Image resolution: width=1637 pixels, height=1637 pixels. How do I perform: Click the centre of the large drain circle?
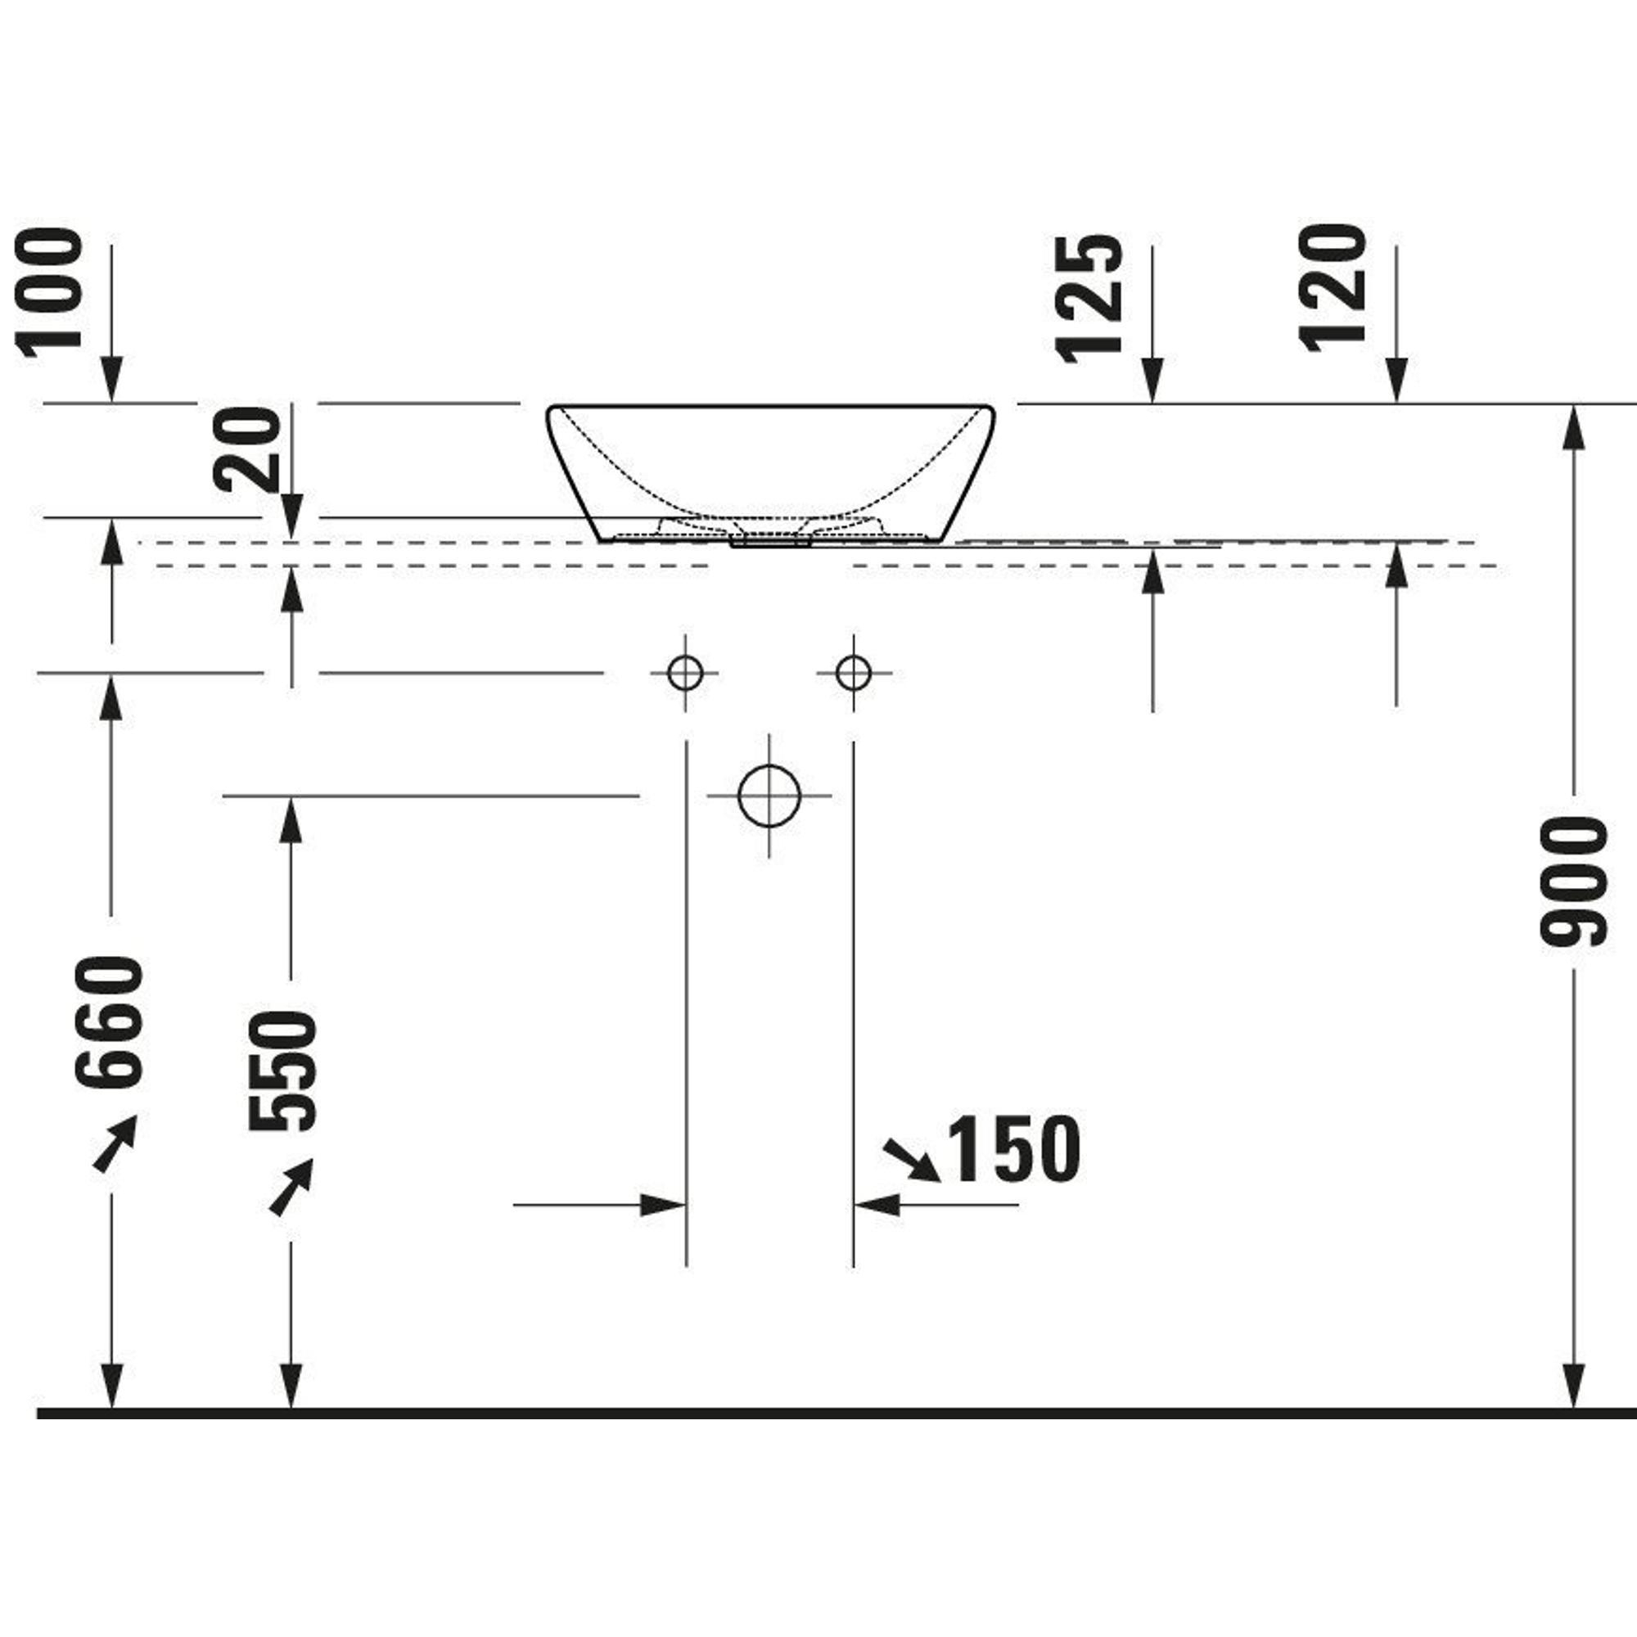pos(769,796)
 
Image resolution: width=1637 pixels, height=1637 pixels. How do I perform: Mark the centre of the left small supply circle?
pos(684,674)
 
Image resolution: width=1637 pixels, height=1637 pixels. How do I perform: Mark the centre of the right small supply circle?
pos(852,674)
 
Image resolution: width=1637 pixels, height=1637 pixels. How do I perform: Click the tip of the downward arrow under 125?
pos(1152,404)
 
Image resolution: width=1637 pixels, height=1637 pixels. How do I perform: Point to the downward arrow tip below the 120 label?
pos(1396,404)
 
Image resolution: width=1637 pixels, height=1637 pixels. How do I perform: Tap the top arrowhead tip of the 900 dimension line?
pos(1573,406)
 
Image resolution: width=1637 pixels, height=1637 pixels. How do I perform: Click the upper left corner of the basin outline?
pos(548,408)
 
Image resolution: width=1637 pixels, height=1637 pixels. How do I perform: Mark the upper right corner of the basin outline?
pos(993,408)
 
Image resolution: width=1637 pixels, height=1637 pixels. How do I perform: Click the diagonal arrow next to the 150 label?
pos(912,1160)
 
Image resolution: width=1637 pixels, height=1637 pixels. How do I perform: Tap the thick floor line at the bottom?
pos(837,1414)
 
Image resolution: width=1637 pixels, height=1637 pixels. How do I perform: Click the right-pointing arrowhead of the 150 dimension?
pos(663,1205)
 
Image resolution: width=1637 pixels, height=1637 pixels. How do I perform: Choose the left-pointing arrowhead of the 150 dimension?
pos(876,1205)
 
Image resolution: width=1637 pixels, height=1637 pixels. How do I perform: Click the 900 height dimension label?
pos(1573,882)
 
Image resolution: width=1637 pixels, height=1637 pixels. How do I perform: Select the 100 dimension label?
pos(49,293)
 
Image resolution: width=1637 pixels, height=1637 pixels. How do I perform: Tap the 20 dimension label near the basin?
pos(246,450)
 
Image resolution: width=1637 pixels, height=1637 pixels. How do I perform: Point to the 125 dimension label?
pos(1089,298)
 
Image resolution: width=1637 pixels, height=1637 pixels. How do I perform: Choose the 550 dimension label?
pos(283,1071)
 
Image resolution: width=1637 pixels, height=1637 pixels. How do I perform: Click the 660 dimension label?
pos(109,1021)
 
